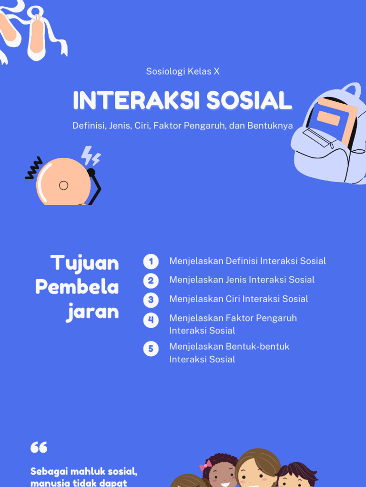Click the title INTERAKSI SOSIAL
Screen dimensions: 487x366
[x=183, y=100]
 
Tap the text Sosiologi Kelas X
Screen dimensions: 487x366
[x=183, y=71]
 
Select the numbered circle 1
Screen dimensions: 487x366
[x=151, y=261]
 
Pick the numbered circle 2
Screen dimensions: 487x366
[x=151, y=281]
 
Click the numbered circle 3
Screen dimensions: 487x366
[x=151, y=300]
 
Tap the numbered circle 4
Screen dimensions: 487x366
[x=151, y=320]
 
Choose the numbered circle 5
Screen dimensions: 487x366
[x=151, y=349]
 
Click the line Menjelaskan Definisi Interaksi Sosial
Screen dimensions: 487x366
[x=247, y=261]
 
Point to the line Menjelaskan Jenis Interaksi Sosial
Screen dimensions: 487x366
[x=242, y=280]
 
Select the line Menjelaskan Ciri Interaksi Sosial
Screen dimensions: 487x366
[x=238, y=299]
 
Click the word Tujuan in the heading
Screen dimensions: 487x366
[x=85, y=263]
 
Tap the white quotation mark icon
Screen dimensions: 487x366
[x=39, y=447]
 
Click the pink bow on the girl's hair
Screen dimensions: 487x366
[x=206, y=465]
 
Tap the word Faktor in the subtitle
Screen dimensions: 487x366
[x=166, y=126]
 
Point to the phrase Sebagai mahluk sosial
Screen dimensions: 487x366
[x=84, y=472]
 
